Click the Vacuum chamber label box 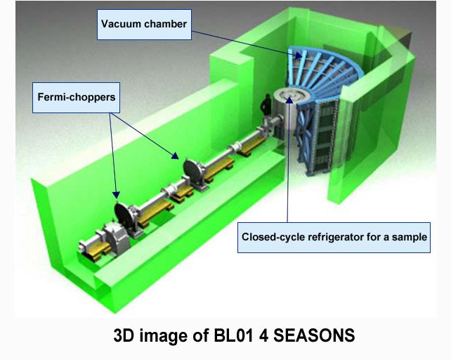[144, 25]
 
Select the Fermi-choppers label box [77, 98]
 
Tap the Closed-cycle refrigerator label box [334, 238]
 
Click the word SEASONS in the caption [314, 335]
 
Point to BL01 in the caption [233, 335]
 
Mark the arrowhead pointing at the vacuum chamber [299, 54]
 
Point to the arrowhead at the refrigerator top [289, 100]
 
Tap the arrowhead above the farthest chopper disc [116, 195]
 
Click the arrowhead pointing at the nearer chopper [175, 156]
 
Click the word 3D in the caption [124, 335]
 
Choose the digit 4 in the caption [263, 335]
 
